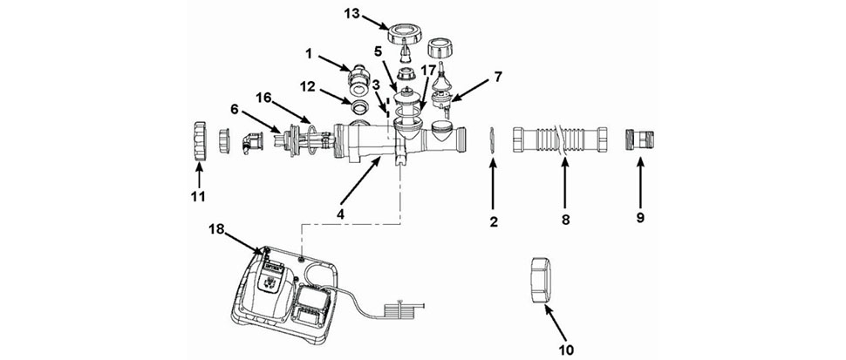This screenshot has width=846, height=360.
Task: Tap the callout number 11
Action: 198,196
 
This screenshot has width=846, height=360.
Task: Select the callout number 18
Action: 217,229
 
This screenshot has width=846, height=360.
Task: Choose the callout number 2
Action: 493,221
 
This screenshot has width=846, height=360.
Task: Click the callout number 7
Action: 497,77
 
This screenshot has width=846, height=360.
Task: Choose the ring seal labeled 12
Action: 357,107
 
